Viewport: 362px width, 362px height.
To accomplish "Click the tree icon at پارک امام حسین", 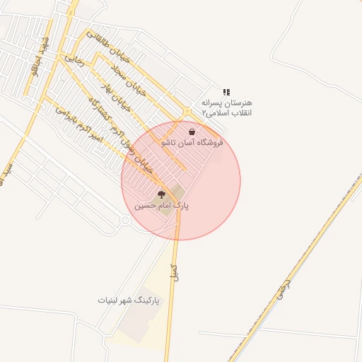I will [161, 194].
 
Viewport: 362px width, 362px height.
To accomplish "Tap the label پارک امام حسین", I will [163, 206].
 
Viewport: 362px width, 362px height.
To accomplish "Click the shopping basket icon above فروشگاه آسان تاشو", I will [192, 132].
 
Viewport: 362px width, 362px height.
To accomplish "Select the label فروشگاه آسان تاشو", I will [192, 142].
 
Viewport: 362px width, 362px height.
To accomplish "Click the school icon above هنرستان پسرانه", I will [226, 92].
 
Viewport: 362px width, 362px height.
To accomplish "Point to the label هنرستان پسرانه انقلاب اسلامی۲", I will [226, 107].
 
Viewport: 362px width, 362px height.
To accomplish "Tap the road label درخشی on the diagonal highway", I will [286, 286].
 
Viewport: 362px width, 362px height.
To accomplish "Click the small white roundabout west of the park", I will [125, 221].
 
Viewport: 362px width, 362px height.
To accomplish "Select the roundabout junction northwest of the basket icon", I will [187, 112].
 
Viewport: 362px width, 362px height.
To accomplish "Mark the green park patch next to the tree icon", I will [176, 191].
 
